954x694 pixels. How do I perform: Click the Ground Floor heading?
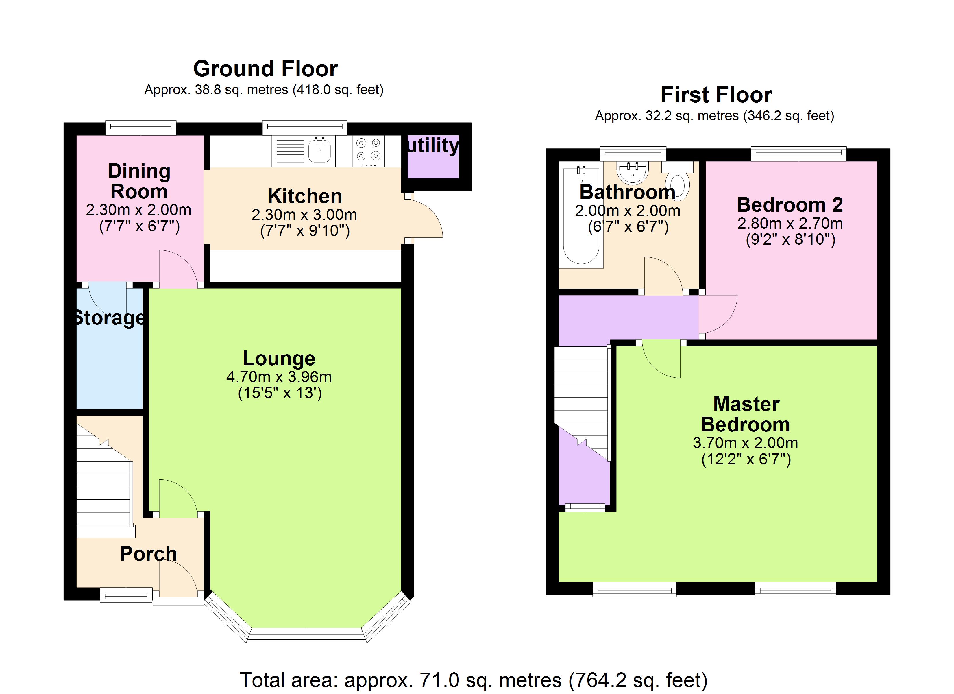[265, 69]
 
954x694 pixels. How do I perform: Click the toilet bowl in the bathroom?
[678, 187]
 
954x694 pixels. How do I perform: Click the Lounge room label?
[279, 358]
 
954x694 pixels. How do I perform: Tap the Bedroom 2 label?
[790, 205]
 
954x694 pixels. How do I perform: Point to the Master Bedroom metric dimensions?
[745, 443]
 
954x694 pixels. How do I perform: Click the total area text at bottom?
[474, 680]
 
